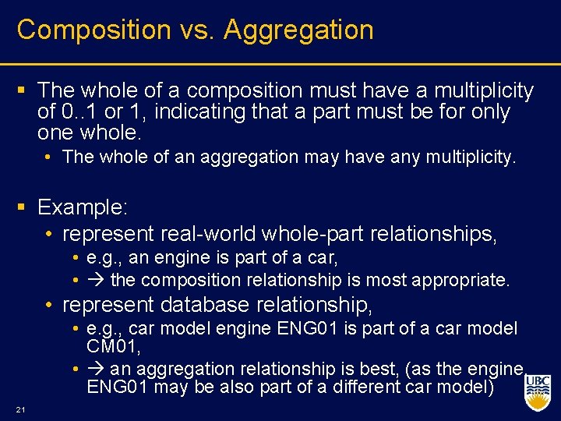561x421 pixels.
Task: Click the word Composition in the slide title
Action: click(x=94, y=30)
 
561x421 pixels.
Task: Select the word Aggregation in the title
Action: click(x=298, y=30)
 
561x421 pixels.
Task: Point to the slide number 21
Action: click(x=21, y=410)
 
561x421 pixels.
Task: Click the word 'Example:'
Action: click(x=83, y=207)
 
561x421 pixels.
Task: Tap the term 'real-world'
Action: click(x=210, y=233)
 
